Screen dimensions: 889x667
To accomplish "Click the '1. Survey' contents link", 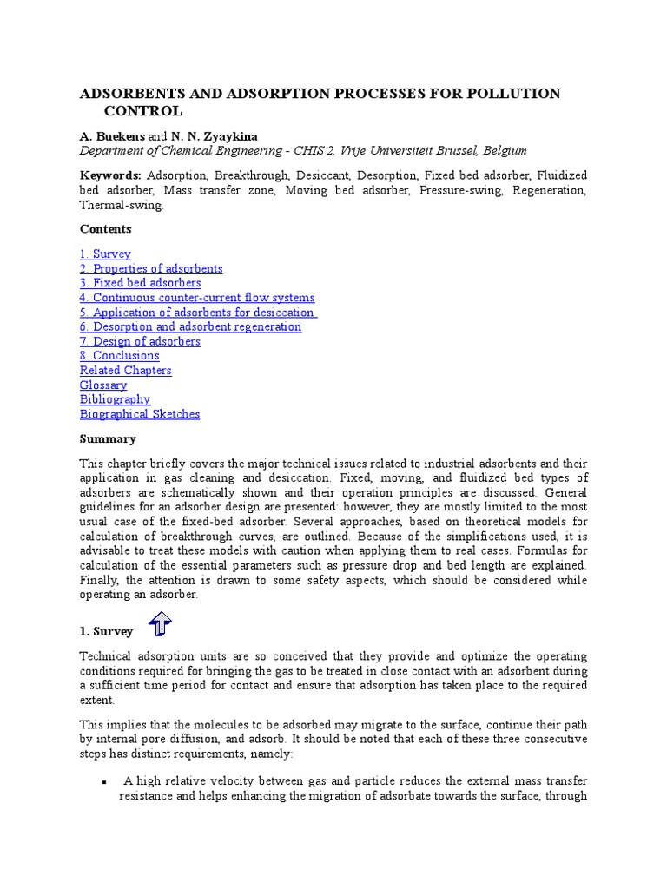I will coord(105,254).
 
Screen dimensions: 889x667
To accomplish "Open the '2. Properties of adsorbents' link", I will coord(151,269).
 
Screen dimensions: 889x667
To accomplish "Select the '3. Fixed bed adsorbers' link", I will coord(140,283).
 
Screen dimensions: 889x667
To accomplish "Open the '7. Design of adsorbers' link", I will coord(140,341).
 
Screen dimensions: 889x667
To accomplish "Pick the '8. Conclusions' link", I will coord(119,356).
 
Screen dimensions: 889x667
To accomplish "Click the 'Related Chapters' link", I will coord(125,371).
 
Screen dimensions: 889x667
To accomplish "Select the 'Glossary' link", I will coord(103,385).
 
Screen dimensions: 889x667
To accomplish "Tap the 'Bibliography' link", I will coord(115,399).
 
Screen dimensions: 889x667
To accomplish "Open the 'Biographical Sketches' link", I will coord(140,414).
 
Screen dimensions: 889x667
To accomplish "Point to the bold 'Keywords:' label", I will coord(110,175).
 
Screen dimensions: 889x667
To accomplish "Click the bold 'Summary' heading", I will coord(109,440).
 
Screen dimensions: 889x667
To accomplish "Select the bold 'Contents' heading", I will coord(106,229).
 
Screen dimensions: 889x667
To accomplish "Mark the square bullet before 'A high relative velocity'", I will coord(104,782).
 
